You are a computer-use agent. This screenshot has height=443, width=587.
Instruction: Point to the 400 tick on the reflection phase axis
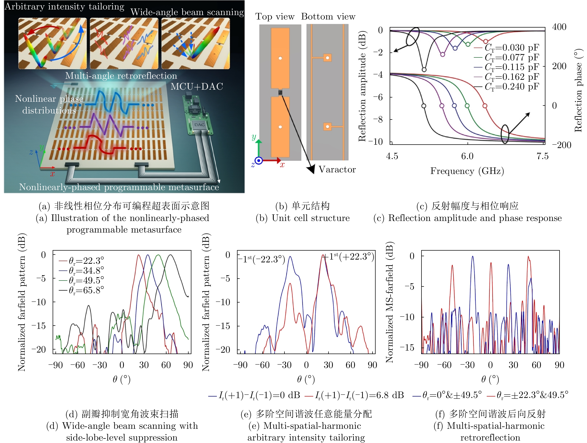[559, 27]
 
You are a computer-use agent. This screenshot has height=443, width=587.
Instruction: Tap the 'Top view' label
[275, 17]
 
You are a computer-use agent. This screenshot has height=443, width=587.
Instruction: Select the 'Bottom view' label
[328, 17]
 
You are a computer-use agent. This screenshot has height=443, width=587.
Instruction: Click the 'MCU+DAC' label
[197, 86]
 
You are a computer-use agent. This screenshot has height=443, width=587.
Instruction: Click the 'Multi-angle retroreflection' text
[121, 76]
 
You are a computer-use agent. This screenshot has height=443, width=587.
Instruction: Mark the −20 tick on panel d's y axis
[39, 350]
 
